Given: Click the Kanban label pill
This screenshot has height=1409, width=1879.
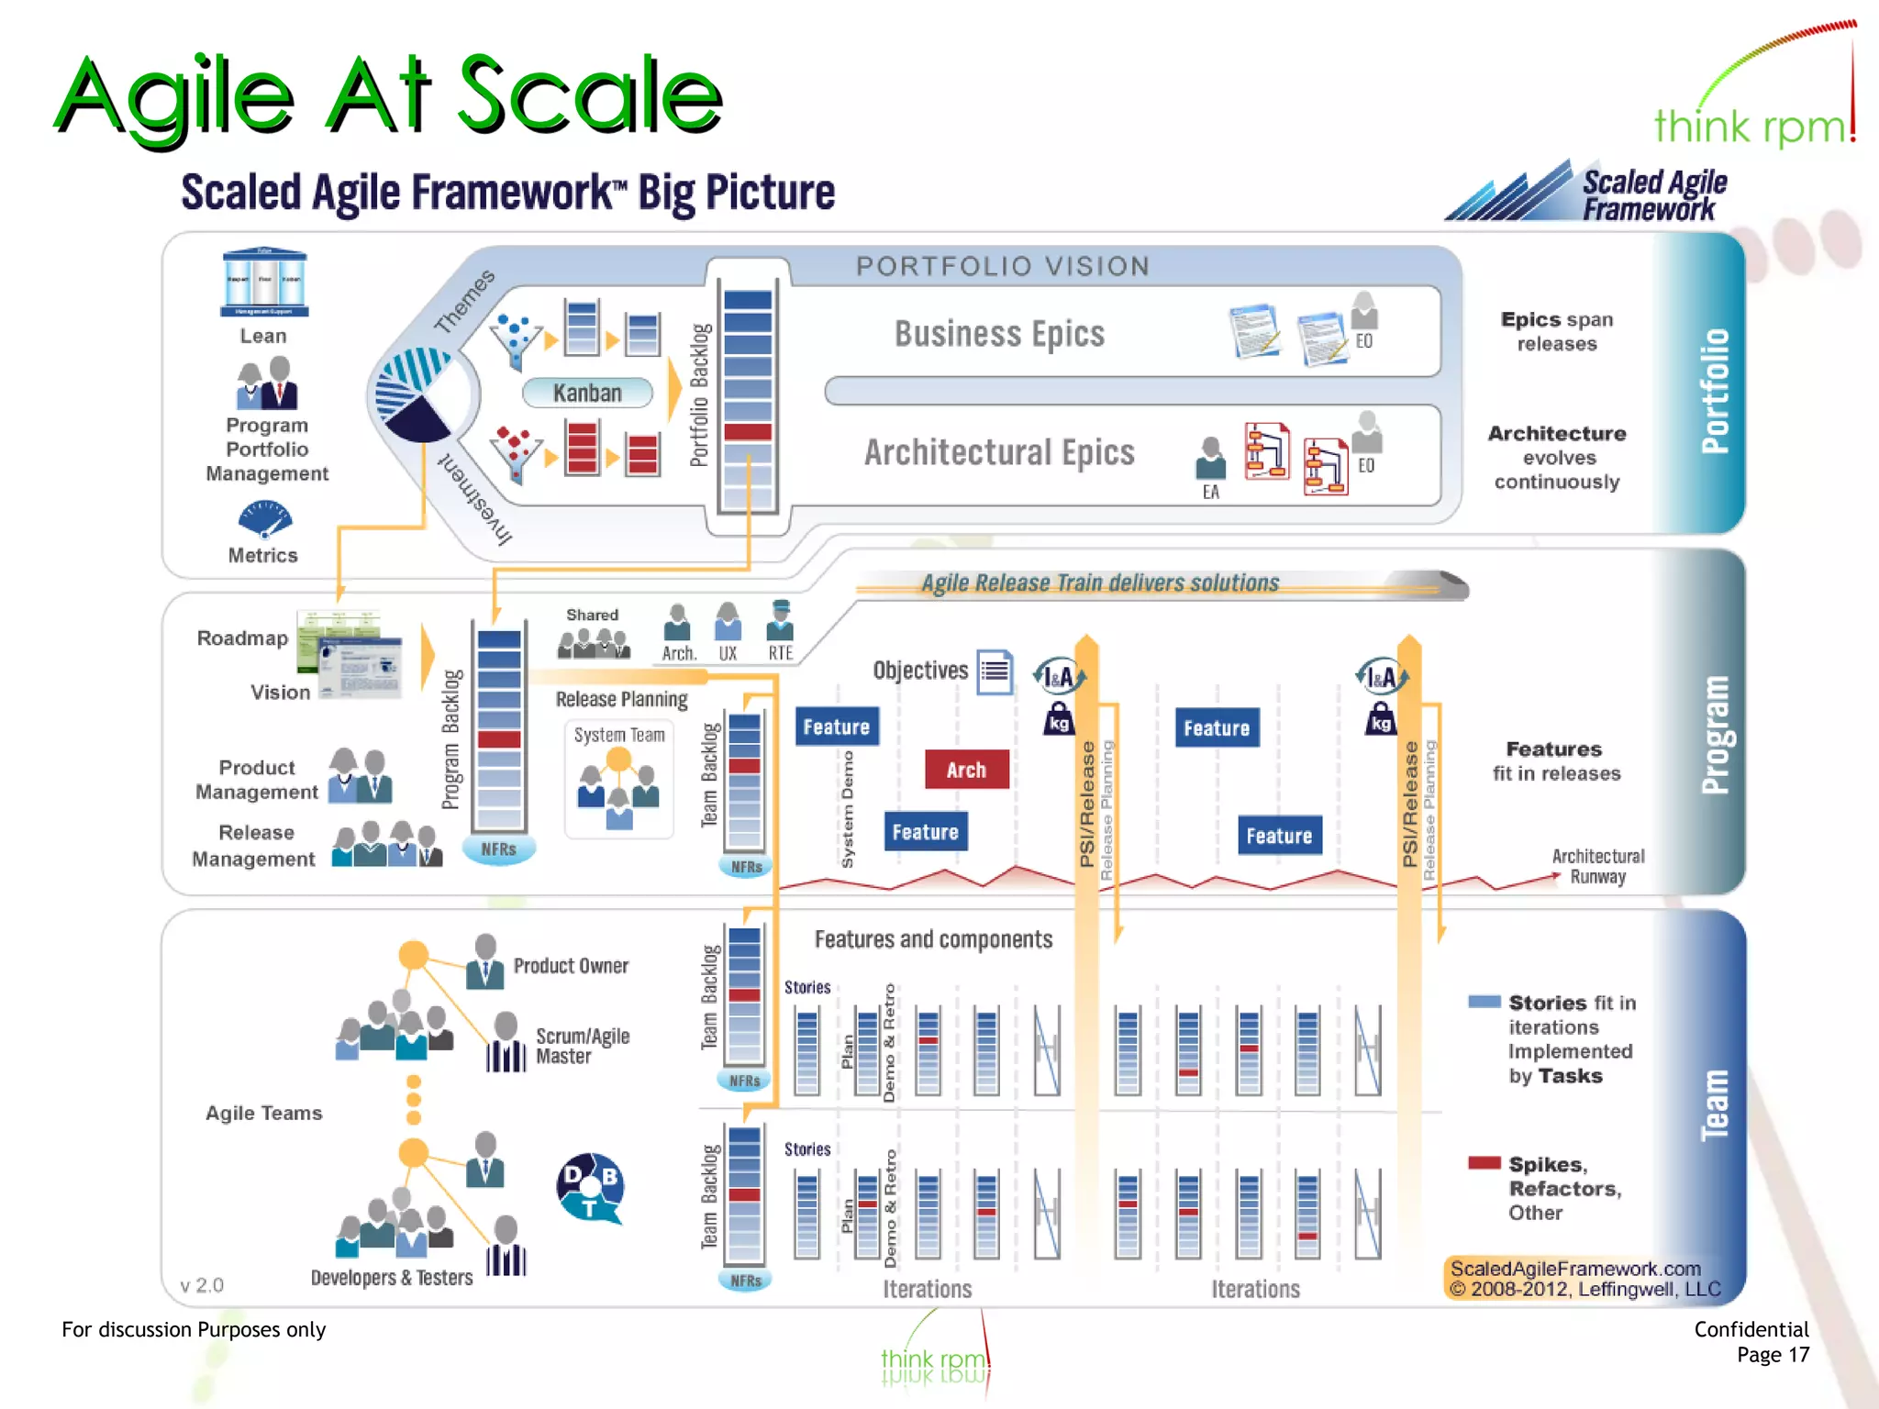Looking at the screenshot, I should pos(587,393).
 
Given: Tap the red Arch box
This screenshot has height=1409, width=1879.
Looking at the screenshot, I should pos(966,770).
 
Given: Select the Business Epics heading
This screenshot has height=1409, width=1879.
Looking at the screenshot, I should pos(999,334).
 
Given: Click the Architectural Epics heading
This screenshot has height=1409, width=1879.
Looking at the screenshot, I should pos(999,452).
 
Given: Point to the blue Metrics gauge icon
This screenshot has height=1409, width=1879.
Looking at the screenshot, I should pos(264,519).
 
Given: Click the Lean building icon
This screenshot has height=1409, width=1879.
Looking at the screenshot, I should pos(264,282).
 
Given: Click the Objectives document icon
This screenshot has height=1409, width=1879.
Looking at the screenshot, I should pos(995,672).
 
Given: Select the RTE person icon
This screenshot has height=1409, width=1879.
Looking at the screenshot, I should pos(780,621).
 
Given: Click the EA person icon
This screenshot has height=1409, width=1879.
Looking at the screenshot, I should pos(1210,459).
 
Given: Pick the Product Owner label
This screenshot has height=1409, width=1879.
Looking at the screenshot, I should pos(571,966).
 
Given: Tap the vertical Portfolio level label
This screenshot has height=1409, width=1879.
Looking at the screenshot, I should pos(1714,390).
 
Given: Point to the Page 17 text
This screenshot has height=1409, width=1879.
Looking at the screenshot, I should pos(1773,1355).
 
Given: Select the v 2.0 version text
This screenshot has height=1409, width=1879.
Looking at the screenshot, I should pos(202,1285).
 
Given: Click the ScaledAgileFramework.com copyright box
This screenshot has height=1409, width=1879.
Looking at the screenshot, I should pos(1584,1279).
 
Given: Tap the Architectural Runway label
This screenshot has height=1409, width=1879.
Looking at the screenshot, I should pos(1597,866).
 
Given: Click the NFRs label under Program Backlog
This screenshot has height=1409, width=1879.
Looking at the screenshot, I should pos(498,849).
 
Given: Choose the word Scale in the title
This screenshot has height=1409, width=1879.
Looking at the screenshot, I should pos(589,94).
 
